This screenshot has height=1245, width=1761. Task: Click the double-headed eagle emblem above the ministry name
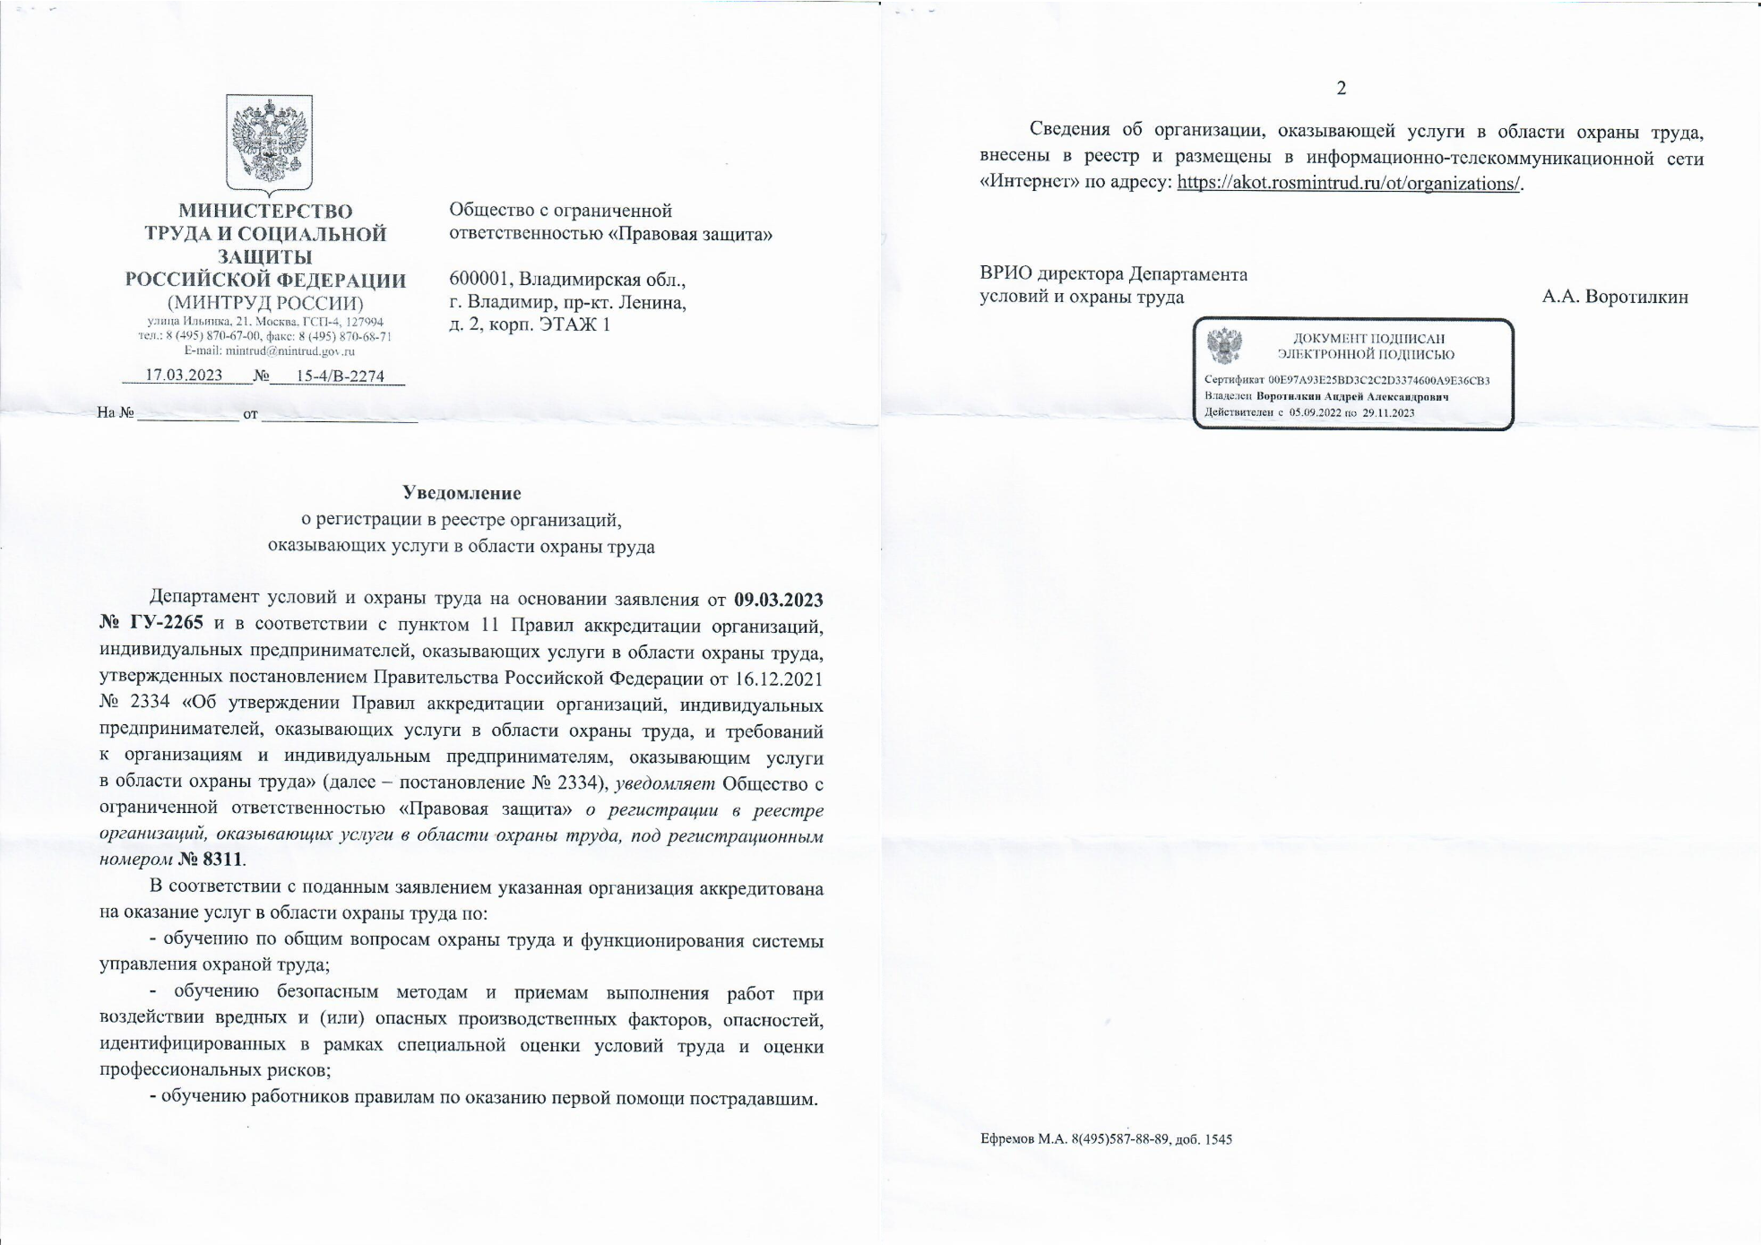(269, 143)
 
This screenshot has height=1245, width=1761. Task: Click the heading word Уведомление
(462, 493)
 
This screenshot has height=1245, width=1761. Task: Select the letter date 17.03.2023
(184, 375)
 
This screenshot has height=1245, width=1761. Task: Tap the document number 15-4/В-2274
(340, 376)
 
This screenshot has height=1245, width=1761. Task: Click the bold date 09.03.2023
(778, 599)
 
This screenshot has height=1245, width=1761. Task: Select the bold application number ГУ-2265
(167, 623)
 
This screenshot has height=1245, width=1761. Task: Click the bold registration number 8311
(222, 860)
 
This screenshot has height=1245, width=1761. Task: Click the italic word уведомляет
(665, 783)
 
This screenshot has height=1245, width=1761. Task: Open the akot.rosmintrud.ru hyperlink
(1348, 184)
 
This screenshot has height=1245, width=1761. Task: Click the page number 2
(1341, 88)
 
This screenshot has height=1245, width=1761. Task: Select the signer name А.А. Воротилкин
(1614, 297)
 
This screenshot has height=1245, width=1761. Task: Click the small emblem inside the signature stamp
(1224, 345)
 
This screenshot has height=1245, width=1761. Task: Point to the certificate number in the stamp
(1378, 380)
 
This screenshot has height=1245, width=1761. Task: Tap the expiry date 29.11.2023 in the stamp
(1388, 412)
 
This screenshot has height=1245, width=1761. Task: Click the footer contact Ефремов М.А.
(1021, 1139)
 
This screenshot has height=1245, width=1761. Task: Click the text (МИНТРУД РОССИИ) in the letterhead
(265, 303)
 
